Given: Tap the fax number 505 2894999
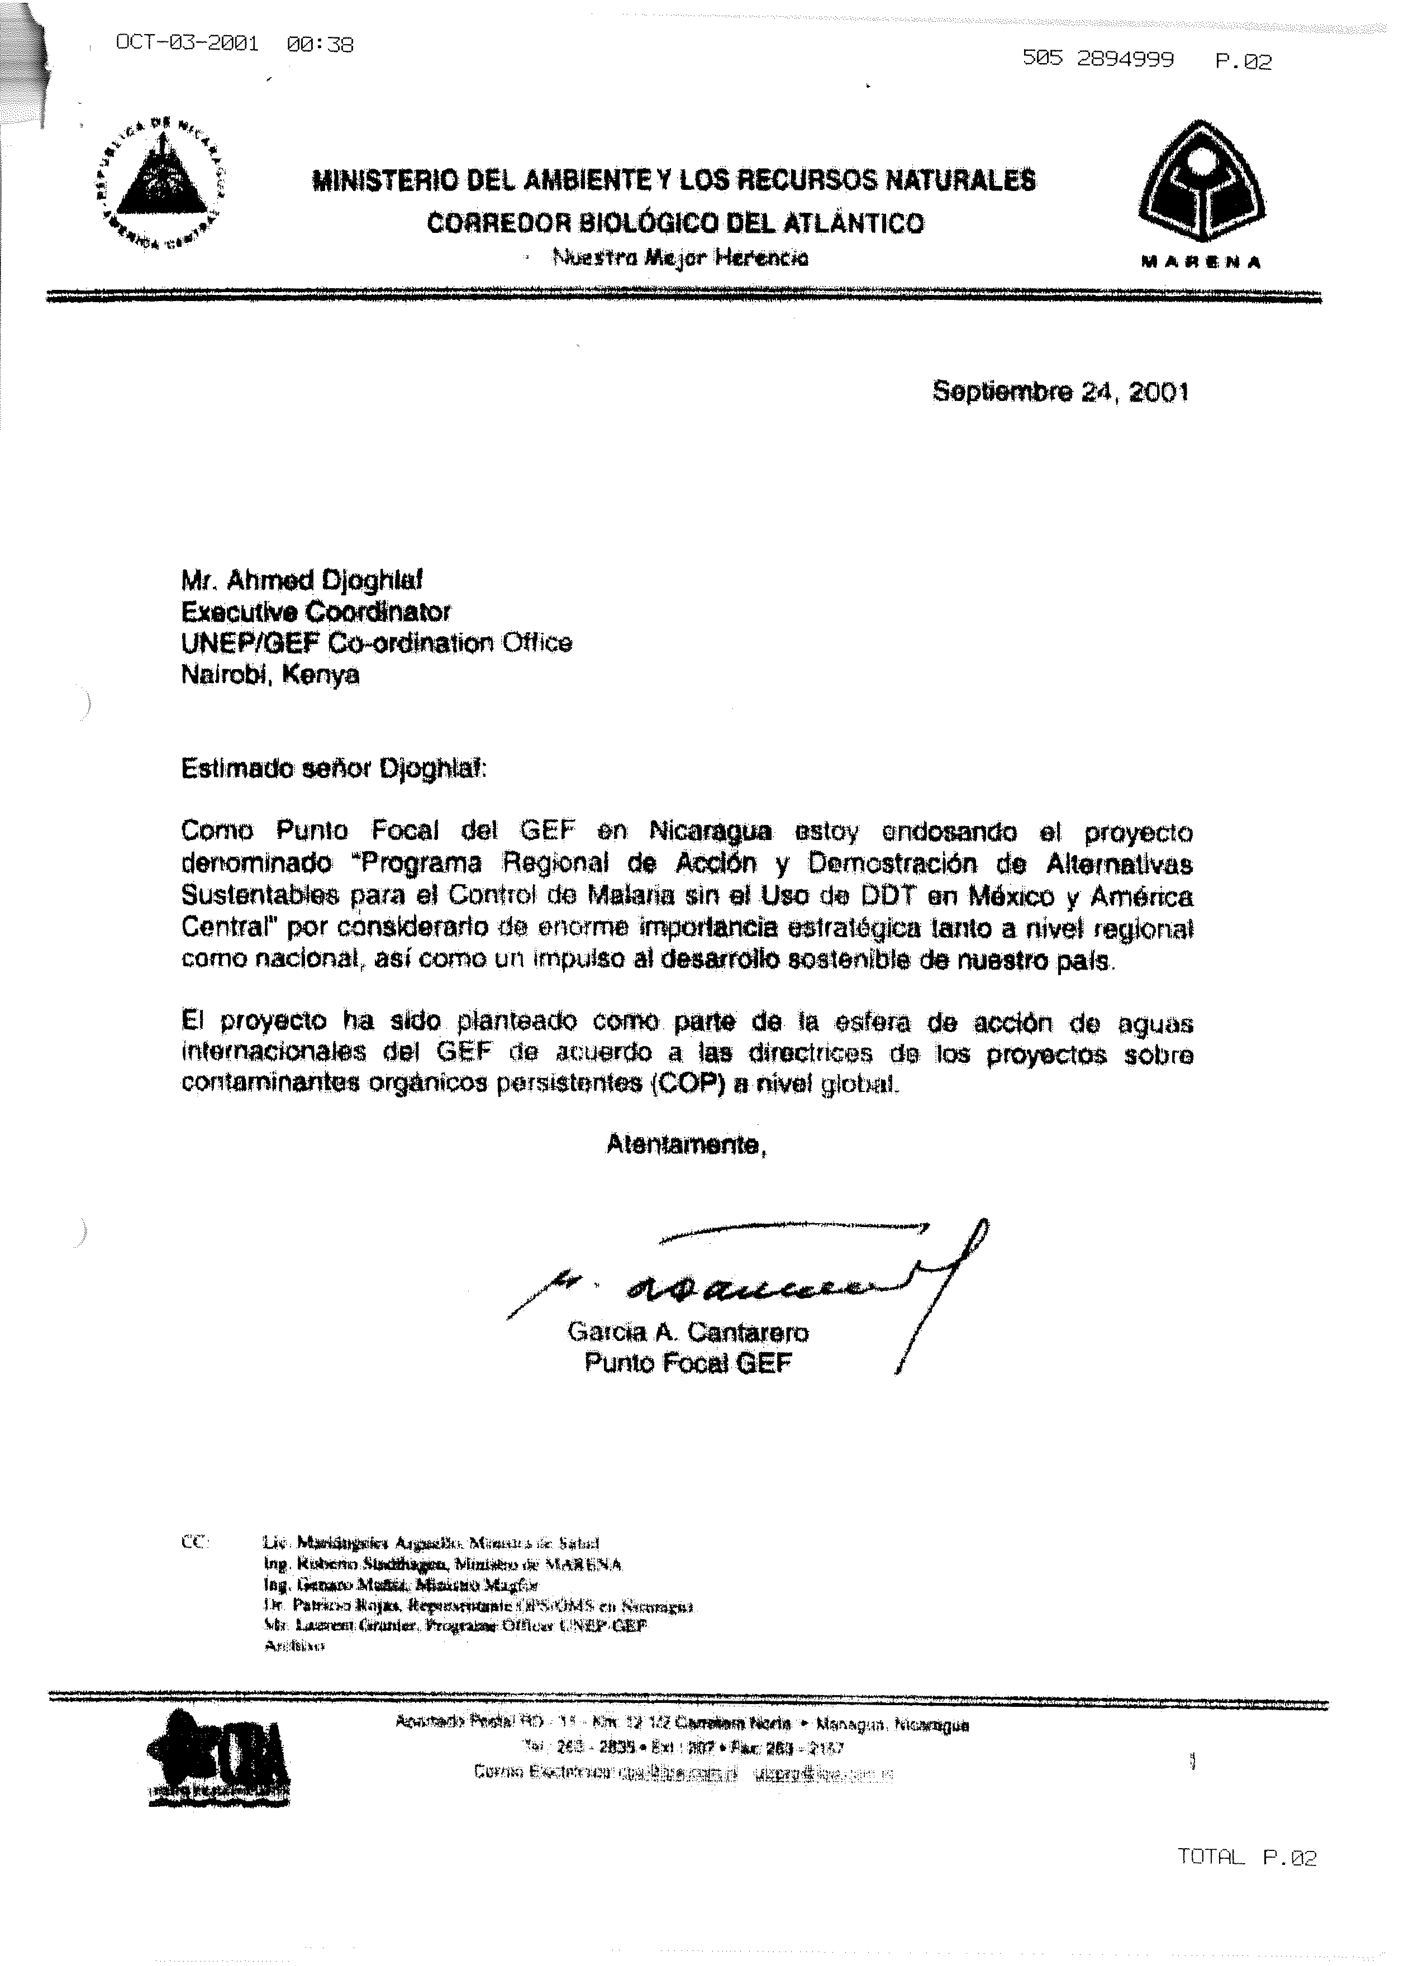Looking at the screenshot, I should [1097, 60].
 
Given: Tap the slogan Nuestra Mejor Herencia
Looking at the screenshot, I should [680, 257].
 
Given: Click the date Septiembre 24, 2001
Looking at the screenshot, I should [1060, 392].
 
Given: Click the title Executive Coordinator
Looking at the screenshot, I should [316, 612].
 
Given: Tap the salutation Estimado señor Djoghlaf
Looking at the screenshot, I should [334, 769].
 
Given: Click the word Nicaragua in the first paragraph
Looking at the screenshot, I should [710, 831].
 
